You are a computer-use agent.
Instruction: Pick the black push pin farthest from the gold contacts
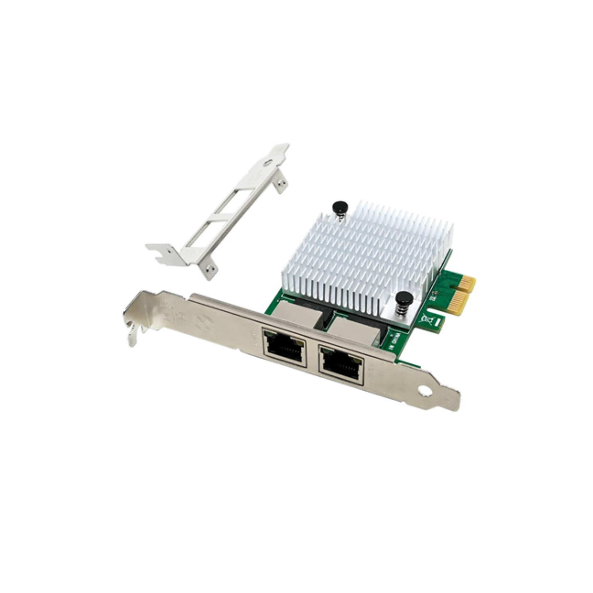click(x=340, y=207)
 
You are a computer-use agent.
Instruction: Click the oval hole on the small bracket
click(x=269, y=163)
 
